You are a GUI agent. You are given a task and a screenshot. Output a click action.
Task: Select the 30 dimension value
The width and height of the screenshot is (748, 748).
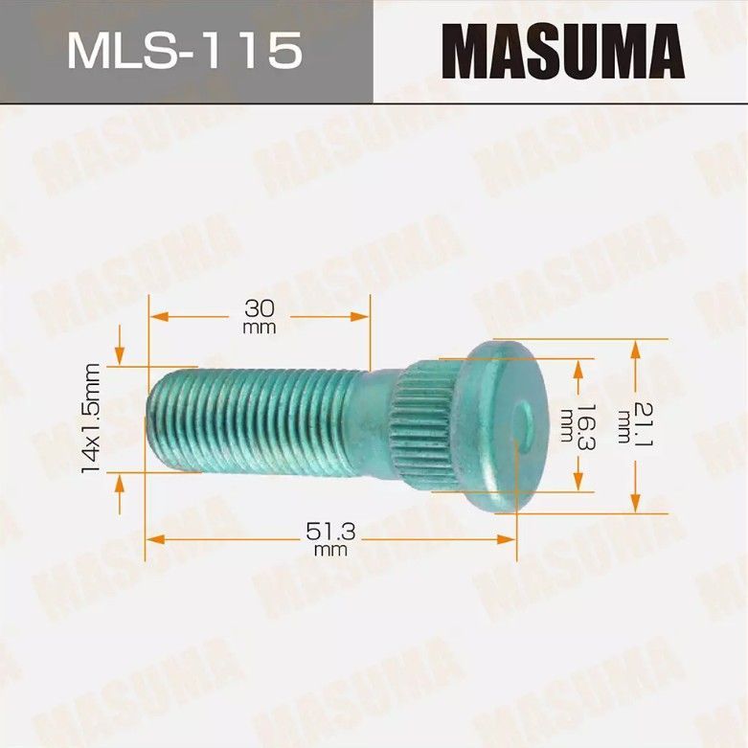tap(260, 308)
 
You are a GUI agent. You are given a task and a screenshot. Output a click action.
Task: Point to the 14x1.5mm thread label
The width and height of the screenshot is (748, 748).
tap(92, 418)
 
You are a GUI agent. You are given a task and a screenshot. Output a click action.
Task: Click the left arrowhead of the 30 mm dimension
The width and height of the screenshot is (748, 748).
tap(155, 316)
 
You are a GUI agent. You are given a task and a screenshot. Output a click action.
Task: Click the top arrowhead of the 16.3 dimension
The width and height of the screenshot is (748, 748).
tap(578, 366)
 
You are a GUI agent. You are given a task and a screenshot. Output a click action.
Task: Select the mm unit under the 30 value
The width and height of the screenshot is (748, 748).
tap(260, 328)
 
